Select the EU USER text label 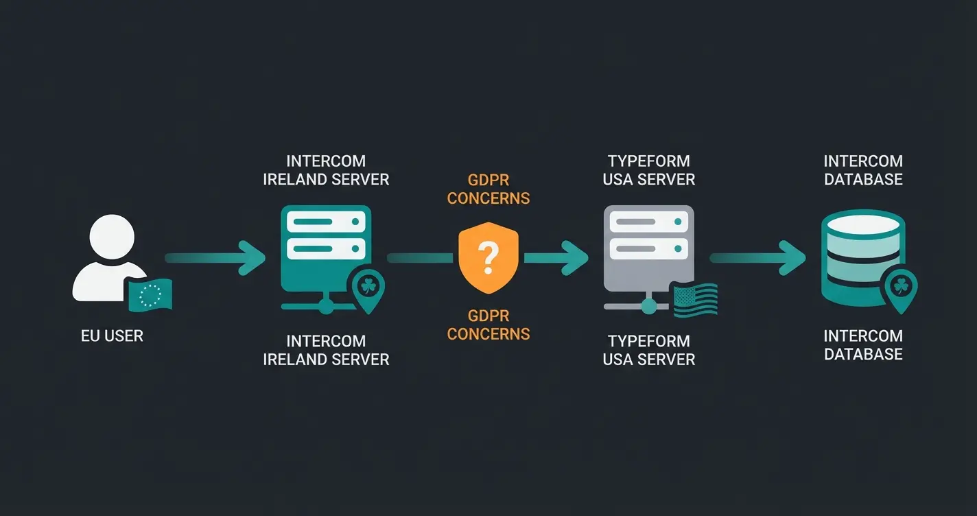(x=112, y=336)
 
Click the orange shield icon (x=488, y=258)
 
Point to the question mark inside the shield (x=488, y=258)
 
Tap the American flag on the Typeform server (x=695, y=301)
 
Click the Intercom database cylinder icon (x=862, y=254)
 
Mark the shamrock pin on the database (x=900, y=289)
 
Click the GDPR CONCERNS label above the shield (x=488, y=189)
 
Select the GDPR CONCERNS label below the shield (x=488, y=325)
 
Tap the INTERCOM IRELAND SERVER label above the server (x=326, y=170)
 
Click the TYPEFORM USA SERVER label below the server (x=649, y=350)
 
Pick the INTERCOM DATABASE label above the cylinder (x=863, y=170)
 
